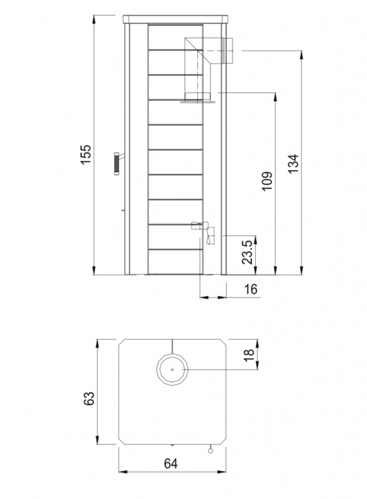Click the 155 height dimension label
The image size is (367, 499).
tap(86, 155)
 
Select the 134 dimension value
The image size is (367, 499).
tap(293, 163)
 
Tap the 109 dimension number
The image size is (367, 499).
tap(267, 181)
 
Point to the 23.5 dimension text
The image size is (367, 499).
tap(247, 252)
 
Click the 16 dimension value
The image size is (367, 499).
tap(251, 289)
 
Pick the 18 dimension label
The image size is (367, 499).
tap(249, 355)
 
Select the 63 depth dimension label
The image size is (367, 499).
tap(89, 398)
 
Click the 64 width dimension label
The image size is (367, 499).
tap(170, 463)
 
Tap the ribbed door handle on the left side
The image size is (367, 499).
tap(116, 164)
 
